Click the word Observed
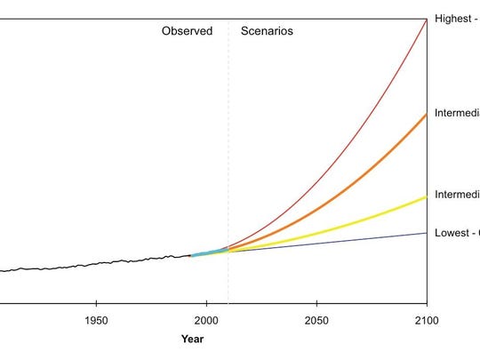pos(187,31)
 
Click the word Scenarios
pos(267,31)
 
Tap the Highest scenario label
pos(456,19)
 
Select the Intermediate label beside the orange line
pos(456,114)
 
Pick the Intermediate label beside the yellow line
pos(456,196)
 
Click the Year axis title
pos(192,339)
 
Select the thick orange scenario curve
pos(356,185)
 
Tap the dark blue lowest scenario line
pos(356,241)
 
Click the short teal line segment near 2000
pos(209,253)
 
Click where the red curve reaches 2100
pos(427,19)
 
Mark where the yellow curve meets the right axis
pos(427,196)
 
